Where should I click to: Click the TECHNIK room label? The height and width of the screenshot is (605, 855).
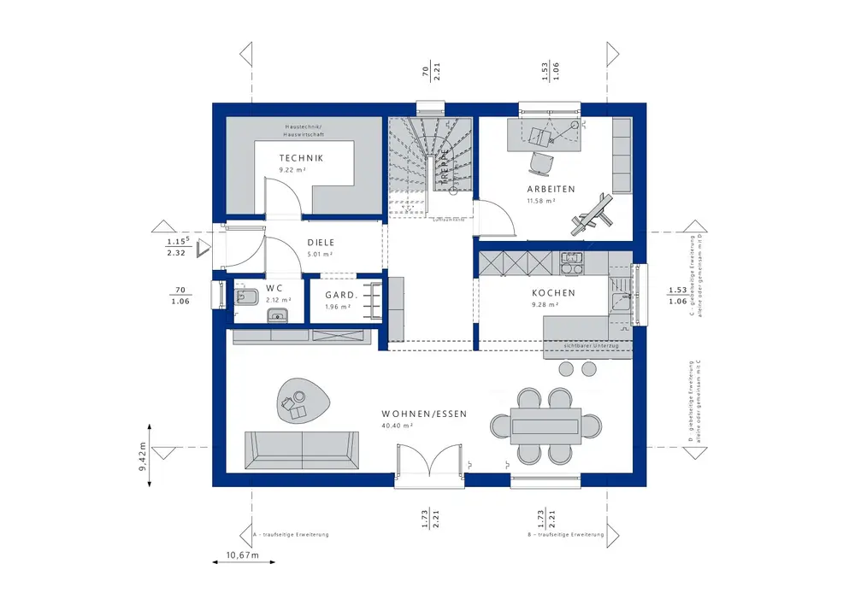[x=301, y=158]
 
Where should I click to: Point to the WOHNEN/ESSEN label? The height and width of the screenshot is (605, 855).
[x=424, y=414]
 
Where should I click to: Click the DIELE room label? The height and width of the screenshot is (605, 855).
[x=321, y=242]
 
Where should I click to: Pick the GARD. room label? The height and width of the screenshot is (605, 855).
[x=340, y=296]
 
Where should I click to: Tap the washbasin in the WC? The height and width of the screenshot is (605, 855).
[x=276, y=317]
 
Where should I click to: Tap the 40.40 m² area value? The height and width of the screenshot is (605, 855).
[x=399, y=425]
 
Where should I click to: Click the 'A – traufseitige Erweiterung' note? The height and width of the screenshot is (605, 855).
[x=291, y=534]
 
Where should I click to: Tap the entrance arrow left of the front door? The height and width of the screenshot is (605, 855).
[x=203, y=248]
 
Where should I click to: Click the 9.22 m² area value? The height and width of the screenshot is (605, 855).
[x=292, y=170]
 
